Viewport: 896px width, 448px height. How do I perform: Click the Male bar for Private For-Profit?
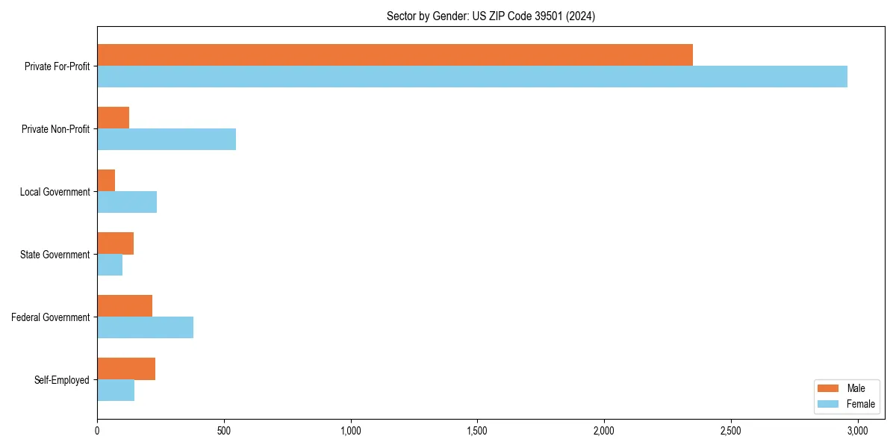coord(395,55)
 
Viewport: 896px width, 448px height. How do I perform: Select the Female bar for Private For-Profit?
coord(472,77)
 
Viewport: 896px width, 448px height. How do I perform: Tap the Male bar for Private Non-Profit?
coord(113,118)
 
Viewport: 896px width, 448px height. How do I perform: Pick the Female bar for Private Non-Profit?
coord(167,140)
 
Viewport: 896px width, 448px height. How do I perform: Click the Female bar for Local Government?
coord(127,202)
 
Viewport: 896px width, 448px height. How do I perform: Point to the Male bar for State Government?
coord(115,243)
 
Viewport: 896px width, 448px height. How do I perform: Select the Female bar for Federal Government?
coord(145,328)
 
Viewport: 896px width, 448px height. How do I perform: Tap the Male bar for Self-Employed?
coord(126,369)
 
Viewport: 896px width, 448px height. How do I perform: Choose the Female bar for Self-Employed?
coord(116,391)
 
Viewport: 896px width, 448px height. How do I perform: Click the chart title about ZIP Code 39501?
coord(491,16)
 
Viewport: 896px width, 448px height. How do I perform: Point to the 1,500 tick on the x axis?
coord(477,431)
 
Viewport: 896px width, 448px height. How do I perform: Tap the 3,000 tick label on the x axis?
coord(857,431)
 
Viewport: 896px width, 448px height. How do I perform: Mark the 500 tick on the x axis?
coord(224,431)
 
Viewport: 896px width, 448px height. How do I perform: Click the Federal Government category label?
coord(51,317)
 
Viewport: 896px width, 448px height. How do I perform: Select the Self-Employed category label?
coord(62,380)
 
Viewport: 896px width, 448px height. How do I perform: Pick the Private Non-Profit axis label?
coord(56,129)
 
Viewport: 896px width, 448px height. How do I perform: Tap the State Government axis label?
coord(55,255)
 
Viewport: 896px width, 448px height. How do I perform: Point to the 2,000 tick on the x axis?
coord(604,431)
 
